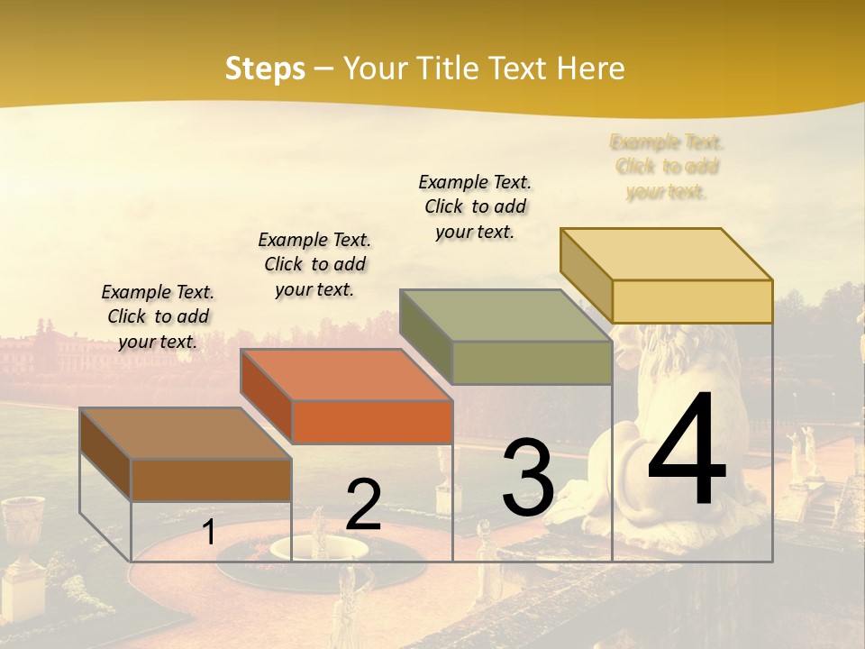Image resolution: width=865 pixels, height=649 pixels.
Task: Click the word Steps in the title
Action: [265, 69]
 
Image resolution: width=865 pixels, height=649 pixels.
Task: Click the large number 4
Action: [687, 452]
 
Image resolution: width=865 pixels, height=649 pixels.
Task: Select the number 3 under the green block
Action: [528, 478]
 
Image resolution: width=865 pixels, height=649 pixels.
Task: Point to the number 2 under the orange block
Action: [363, 505]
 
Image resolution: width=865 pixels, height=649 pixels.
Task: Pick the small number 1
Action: [209, 532]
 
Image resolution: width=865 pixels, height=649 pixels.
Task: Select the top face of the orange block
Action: [346, 374]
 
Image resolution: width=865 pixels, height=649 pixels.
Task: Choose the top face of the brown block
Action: [186, 434]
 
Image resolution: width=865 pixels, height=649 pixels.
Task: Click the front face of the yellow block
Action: [692, 301]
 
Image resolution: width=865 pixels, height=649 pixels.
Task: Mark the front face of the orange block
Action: [372, 422]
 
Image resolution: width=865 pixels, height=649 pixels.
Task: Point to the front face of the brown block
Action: [212, 480]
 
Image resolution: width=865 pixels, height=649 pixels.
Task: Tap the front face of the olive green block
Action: [532, 362]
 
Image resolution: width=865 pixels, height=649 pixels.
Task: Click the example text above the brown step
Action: [158, 316]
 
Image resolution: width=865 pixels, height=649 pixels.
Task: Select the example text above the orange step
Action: [314, 264]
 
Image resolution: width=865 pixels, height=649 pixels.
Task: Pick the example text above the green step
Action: [475, 206]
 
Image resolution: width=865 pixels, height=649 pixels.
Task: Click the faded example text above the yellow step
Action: [667, 167]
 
